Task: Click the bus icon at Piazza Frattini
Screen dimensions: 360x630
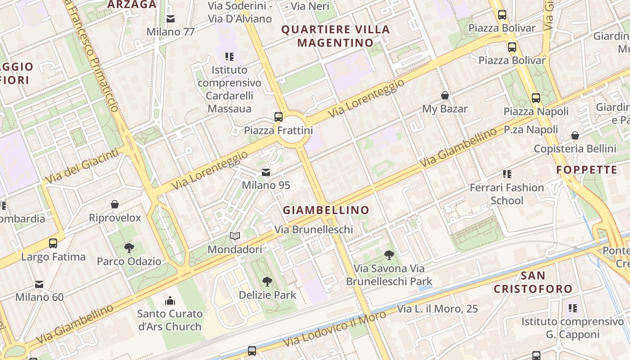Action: pyautogui.click(x=279, y=117)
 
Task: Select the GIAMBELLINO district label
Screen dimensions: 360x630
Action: pyautogui.click(x=326, y=210)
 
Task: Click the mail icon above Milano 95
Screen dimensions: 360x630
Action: pyautogui.click(x=266, y=172)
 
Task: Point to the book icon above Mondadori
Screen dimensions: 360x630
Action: pyautogui.click(x=235, y=236)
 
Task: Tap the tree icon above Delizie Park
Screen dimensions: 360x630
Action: pyautogui.click(x=267, y=282)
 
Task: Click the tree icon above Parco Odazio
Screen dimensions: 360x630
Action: pyautogui.click(x=129, y=247)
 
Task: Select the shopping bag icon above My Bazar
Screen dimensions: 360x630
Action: pyautogui.click(x=445, y=95)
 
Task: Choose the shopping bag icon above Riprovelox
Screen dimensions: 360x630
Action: pyautogui.click(x=115, y=204)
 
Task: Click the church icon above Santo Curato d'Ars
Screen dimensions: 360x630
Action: pyautogui.click(x=170, y=300)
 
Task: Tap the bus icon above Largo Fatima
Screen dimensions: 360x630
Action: pyautogui.click(x=53, y=243)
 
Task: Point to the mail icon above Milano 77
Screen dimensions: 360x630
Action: pyautogui.click(x=171, y=19)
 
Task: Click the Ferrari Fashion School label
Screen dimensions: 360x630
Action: pyautogui.click(x=507, y=194)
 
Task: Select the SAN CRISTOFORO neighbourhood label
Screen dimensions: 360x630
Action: pyautogui.click(x=533, y=282)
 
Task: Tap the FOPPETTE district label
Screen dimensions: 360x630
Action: pyautogui.click(x=587, y=170)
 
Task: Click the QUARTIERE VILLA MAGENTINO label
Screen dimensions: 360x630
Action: pyautogui.click(x=336, y=36)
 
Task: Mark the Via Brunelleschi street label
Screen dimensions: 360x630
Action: pyautogui.click(x=314, y=229)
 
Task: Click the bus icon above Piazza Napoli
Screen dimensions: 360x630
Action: pyautogui.click(x=535, y=98)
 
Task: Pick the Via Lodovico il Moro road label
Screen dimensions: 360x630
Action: pyautogui.click(x=335, y=329)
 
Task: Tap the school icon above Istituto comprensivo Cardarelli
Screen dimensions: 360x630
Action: pyautogui.click(x=229, y=57)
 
